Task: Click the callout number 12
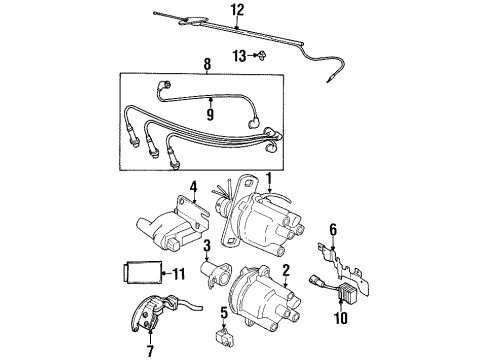click(x=236, y=11)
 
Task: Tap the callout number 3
click(x=204, y=246)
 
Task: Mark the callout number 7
click(x=150, y=351)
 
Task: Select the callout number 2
click(x=285, y=270)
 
